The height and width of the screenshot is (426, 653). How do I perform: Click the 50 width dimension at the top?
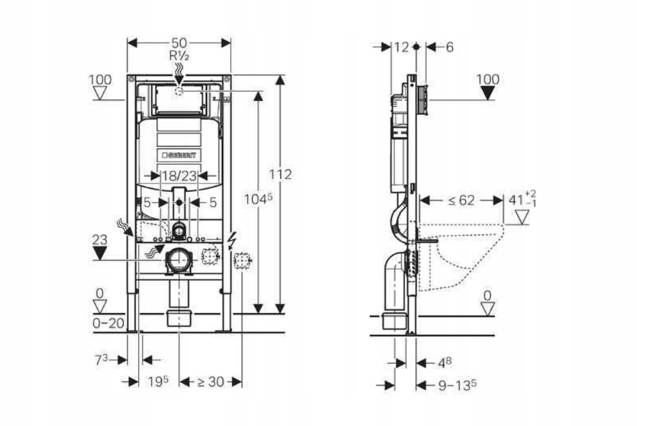point(179,43)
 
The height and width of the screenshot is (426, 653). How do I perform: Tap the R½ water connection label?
point(178,55)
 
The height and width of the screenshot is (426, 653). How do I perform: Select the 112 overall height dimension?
point(280,175)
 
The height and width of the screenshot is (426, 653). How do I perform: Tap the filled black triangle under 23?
point(99,253)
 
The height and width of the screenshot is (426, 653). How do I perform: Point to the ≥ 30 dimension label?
point(210,381)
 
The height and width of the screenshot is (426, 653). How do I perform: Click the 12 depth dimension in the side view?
point(401,47)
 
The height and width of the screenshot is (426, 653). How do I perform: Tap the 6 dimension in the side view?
point(449,47)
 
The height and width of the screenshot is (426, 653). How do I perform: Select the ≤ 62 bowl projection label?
point(461,200)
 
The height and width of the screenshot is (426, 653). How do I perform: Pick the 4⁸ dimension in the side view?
point(445,362)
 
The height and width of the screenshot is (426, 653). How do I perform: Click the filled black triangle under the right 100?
point(488,93)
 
